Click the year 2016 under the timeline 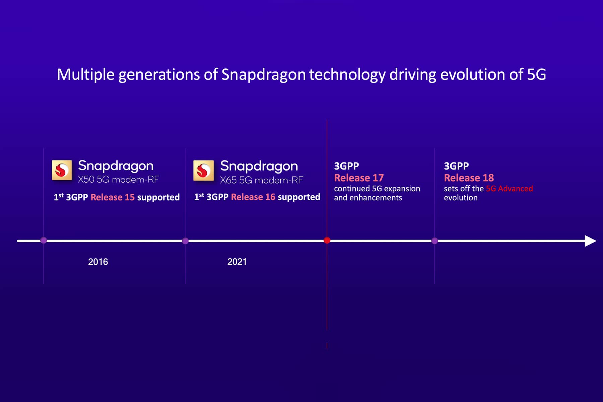98,262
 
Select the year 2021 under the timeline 237,262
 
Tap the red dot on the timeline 327,240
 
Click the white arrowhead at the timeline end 590,241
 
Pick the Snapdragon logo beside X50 62,170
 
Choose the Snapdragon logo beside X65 203,171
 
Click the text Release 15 113,197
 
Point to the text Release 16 253,197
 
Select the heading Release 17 359,178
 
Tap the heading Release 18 469,178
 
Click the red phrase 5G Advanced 509,189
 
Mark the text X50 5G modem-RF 118,180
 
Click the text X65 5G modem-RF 261,180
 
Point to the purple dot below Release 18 434,241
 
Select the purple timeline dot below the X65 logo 185,241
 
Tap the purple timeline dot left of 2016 44,240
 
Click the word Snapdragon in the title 263,74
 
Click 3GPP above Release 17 346,166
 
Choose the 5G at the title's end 536,74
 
